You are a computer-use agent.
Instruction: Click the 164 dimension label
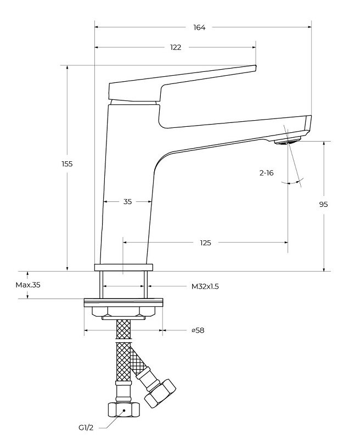[199, 28]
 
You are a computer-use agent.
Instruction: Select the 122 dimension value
[175, 47]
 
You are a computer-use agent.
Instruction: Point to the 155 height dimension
[67, 164]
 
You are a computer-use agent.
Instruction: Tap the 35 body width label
[127, 201]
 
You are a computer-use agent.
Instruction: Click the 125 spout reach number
[206, 242]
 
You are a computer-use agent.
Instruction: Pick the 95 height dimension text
[323, 204]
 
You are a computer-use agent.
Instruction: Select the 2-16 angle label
[267, 173]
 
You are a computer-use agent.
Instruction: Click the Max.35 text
[28, 285]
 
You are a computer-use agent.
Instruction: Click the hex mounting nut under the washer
[123, 312]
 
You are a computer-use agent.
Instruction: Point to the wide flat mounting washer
[123, 302]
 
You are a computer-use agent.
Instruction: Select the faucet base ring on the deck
[123, 267]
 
